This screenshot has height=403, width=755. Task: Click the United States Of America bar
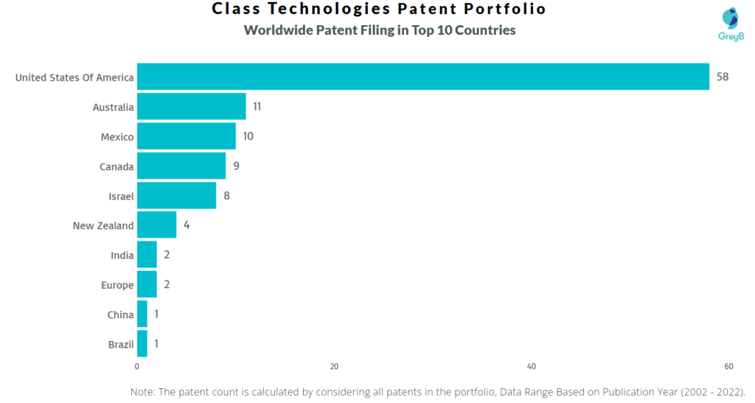(422, 77)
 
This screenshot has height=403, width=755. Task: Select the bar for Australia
(192, 106)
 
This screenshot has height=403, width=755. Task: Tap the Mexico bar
(187, 137)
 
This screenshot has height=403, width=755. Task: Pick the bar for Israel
(177, 196)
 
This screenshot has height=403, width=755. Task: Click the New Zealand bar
(157, 225)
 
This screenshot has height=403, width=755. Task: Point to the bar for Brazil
(142, 344)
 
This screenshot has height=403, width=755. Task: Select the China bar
(142, 314)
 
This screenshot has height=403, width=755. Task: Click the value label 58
(723, 77)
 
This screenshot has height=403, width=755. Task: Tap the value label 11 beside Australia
(257, 106)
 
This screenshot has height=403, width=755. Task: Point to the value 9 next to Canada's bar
(236, 166)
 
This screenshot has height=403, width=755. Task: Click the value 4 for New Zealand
(187, 225)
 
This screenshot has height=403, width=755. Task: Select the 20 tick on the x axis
(334, 366)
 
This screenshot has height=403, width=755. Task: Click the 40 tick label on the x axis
(531, 366)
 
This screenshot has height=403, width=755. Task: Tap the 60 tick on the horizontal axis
(728, 366)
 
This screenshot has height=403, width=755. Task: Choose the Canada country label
(116, 167)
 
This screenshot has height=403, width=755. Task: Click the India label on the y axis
(122, 255)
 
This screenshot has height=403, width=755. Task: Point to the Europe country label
(117, 286)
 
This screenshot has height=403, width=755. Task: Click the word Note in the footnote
(142, 392)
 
